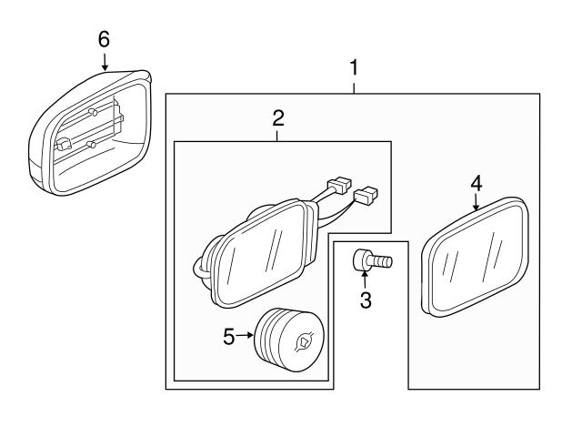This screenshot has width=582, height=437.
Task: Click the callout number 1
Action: [355, 67]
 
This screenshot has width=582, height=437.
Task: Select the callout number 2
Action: [278, 117]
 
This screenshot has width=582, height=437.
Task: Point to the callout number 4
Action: [476, 183]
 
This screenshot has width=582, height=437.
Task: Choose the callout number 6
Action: [104, 38]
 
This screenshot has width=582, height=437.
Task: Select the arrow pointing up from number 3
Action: [365, 276]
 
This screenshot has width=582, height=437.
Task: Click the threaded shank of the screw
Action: [383, 261]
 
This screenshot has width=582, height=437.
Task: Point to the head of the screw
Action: [364, 259]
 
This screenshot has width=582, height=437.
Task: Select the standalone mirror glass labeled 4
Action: [477, 257]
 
